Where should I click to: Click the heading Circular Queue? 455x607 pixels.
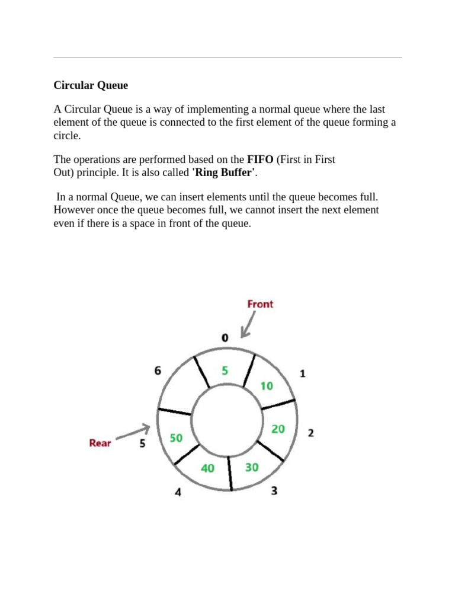click(91, 85)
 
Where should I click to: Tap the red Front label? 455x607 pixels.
click(260, 304)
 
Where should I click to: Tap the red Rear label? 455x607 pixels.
click(100, 443)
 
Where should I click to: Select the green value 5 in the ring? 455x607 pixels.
click(225, 370)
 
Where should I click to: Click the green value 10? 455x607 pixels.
click(267, 386)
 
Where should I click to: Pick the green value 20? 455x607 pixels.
click(278, 429)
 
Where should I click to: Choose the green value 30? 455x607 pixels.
click(252, 467)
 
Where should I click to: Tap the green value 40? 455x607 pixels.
click(207, 468)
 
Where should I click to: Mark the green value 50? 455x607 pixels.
click(176, 438)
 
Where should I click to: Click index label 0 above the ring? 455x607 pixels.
click(225, 338)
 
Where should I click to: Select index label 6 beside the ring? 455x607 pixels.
click(158, 370)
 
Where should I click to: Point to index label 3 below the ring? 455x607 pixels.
click(274, 491)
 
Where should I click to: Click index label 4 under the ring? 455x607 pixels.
click(178, 492)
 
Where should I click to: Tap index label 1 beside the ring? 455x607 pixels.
click(302, 373)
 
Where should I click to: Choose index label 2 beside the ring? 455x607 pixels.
click(310, 433)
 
